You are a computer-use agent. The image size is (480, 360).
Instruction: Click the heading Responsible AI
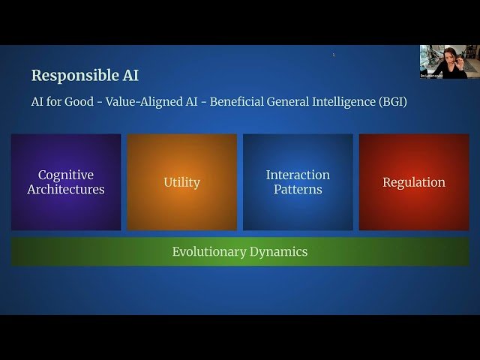click(85, 75)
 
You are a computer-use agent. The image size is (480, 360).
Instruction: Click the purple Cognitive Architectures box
click(66, 182)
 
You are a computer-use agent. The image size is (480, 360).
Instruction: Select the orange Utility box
click(181, 182)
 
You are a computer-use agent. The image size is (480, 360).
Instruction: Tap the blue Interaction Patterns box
click(298, 182)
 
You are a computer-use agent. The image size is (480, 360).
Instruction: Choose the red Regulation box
click(414, 182)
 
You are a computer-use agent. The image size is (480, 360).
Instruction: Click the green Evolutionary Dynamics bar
click(240, 252)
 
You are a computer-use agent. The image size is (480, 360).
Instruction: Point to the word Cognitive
click(66, 175)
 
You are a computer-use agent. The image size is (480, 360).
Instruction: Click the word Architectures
click(66, 190)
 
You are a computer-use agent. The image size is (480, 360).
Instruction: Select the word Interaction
click(298, 175)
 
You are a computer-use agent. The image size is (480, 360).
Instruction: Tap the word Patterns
click(298, 190)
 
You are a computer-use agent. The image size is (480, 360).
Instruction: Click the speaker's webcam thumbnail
click(440, 61)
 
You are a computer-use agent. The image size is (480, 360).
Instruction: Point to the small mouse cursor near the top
click(334, 54)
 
